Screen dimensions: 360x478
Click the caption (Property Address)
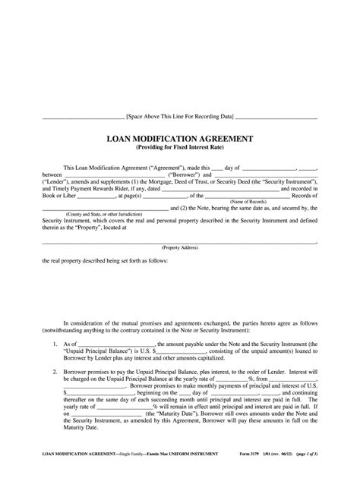(179, 247)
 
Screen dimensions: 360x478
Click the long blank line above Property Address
(179, 241)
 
